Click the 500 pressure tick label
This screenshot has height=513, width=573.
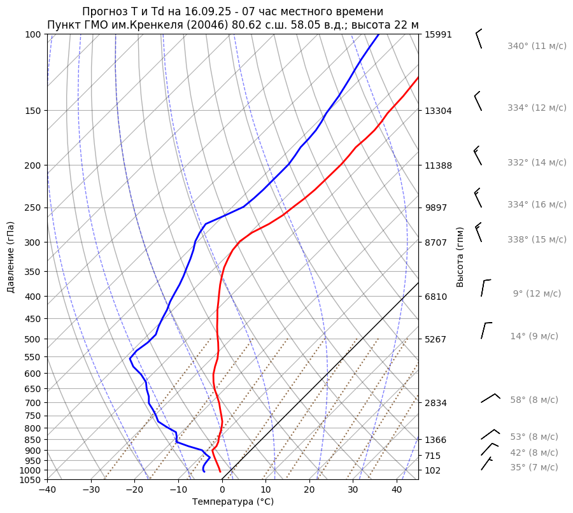pos(33,339)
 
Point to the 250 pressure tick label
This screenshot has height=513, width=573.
pos(33,207)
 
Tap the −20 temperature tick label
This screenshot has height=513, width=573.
pos(134,489)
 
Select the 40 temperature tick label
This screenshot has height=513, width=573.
pos(397,489)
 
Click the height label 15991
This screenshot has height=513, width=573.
pos(438,34)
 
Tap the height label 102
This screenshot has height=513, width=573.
pos(434,470)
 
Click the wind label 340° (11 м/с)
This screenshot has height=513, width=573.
pos(537,46)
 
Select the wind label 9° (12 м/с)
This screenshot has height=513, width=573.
pos(537,294)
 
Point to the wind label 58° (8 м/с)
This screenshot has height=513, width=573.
pos(534,400)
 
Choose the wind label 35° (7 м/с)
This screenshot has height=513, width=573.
pos(534,468)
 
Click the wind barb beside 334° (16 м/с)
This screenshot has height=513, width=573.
pos(478,198)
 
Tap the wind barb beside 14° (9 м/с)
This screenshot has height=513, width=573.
pos(486,330)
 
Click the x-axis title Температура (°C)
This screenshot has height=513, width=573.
pos(232,502)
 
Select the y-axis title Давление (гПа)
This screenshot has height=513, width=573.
pos(11,256)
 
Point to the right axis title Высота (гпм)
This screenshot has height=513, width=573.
pos(460,256)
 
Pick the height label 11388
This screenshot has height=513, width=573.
pos(438,165)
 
